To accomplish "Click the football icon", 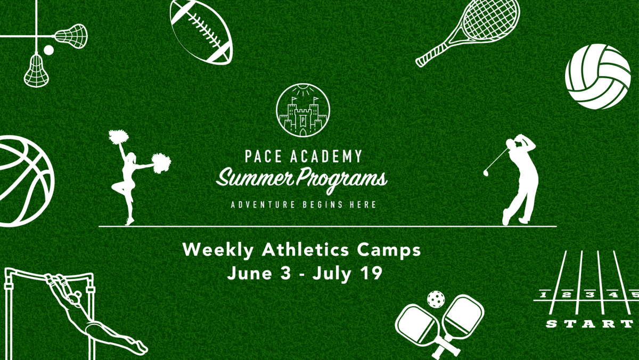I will [x=201, y=31].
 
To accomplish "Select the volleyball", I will [x=597, y=77].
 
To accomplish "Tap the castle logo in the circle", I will [x=303, y=110].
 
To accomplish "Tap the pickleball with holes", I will [x=436, y=299].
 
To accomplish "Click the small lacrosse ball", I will [x=48, y=50].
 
